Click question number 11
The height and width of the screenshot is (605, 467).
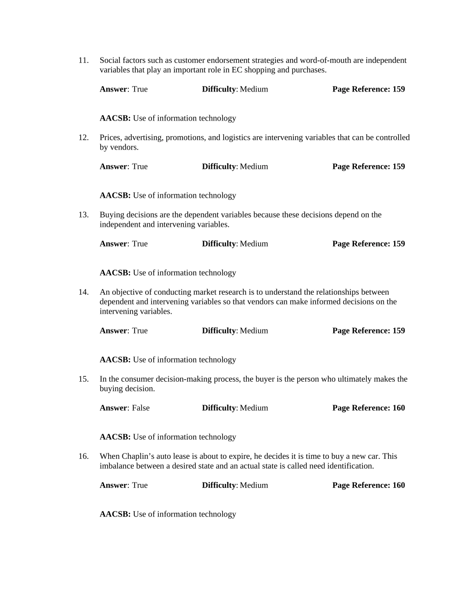pos(83,60)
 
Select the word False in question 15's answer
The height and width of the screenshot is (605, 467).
pos(141,408)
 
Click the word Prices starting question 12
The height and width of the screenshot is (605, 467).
pos(110,138)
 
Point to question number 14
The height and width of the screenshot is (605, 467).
pos(83,292)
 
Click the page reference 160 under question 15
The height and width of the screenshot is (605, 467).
pos(398,408)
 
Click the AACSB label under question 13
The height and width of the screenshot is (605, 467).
pos(115,272)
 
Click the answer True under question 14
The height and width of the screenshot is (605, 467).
pos(140,331)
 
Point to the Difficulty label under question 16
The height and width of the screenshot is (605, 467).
pos(219,485)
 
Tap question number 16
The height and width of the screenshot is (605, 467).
pos(83,456)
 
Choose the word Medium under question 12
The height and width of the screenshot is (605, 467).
pos(254,166)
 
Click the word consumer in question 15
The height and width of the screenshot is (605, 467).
pos(132,379)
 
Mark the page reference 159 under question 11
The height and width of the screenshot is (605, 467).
pos(398,89)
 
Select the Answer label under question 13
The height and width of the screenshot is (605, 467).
pos(114,243)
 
